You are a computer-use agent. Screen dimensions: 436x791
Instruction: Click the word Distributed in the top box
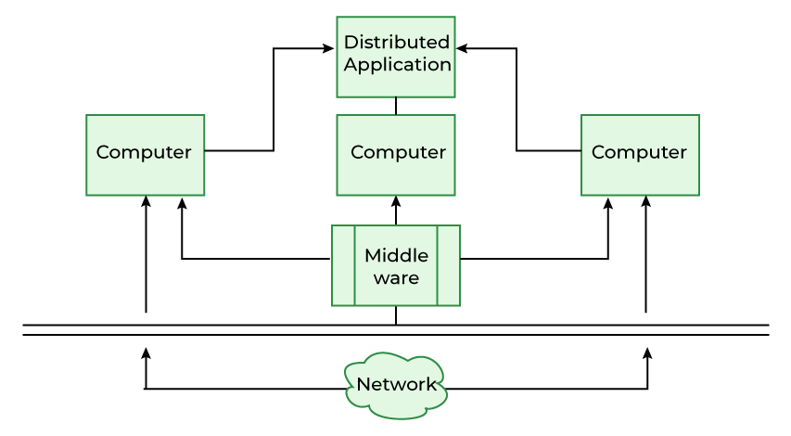point(396,43)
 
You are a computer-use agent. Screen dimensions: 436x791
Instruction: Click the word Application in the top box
point(397,65)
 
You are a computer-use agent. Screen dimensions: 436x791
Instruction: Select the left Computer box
point(145,154)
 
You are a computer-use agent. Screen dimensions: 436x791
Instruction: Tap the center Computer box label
point(397,152)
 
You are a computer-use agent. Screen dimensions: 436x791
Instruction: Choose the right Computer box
point(640,154)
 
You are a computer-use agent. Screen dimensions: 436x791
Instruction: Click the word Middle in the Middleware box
point(396,255)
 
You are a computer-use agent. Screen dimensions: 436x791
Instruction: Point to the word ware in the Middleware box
point(396,277)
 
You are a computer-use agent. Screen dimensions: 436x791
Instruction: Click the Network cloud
point(396,384)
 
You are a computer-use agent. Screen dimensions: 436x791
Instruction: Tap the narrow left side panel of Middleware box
point(343,265)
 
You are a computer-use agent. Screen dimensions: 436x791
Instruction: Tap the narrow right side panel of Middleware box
point(449,265)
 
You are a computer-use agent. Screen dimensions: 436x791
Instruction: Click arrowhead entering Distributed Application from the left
point(328,49)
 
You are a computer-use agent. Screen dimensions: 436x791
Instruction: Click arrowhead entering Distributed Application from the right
point(462,49)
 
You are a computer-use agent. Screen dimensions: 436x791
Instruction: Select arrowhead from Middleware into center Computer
point(396,201)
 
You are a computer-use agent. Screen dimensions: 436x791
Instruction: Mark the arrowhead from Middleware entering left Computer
point(182,202)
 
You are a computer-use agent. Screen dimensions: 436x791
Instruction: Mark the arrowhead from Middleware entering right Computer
point(608,202)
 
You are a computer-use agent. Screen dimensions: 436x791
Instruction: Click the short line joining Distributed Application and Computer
point(396,106)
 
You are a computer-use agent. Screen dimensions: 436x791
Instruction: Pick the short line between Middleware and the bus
point(396,315)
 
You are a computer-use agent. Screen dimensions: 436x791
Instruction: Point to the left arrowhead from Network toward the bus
point(146,353)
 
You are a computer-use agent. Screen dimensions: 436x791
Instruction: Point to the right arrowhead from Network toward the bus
point(647,353)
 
